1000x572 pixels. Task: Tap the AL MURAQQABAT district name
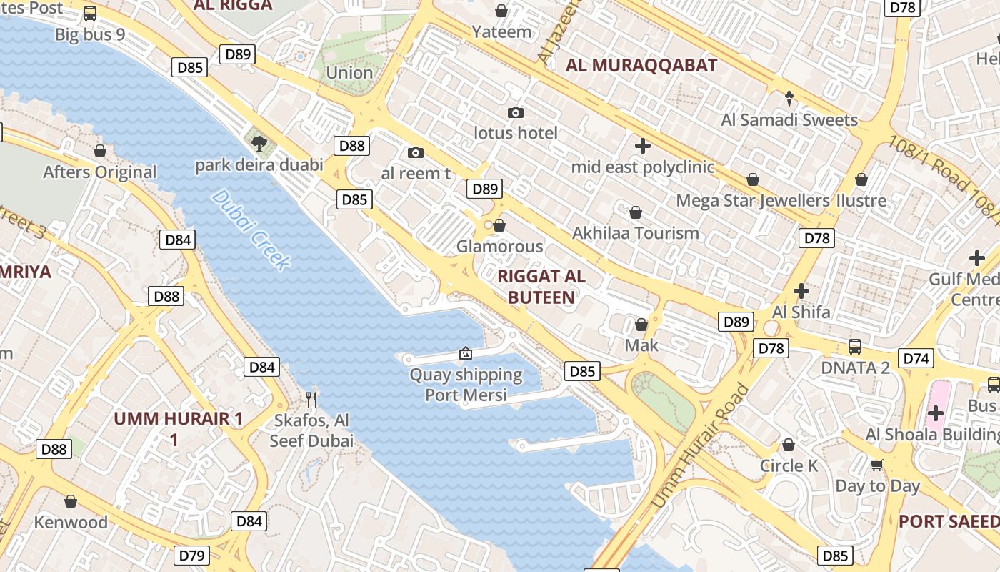[641, 66]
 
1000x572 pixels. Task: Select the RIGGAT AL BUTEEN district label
[541, 287]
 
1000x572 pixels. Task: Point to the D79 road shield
[192, 556]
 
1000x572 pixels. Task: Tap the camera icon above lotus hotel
[516, 113]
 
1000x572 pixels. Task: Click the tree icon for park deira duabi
[259, 144]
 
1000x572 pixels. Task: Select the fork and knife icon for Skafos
[311, 399]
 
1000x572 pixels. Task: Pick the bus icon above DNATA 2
[855, 347]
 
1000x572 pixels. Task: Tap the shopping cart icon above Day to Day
[877, 465]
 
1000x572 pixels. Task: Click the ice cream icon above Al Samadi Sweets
[789, 98]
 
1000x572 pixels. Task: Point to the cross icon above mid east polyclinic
[643, 147]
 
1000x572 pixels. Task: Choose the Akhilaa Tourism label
[636, 233]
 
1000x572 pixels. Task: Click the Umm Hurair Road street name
[701, 447]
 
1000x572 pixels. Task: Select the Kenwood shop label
[71, 522]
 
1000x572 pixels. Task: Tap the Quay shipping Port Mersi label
[466, 385]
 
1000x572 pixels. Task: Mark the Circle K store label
[789, 465]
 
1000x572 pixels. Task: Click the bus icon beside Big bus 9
[90, 14]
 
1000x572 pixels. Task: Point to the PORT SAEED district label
[949, 521]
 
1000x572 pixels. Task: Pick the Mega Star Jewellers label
[753, 201]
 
